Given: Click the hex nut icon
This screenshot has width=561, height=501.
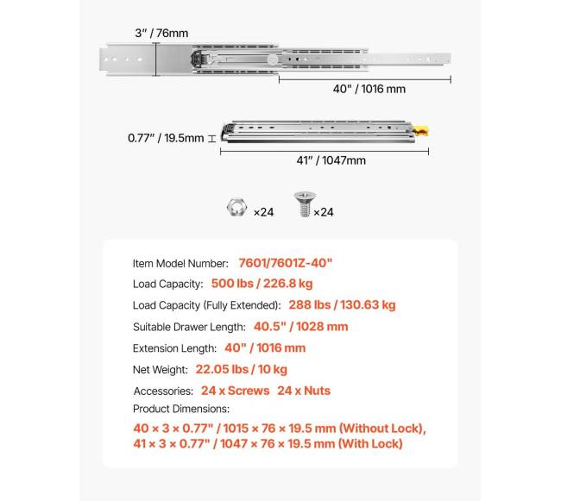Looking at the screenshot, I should point(234,210).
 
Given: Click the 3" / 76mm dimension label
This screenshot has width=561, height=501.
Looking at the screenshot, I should point(161,33).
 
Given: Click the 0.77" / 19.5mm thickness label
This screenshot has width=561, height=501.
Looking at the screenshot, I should point(166,137).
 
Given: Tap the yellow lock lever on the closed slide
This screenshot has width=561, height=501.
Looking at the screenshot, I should point(421,130).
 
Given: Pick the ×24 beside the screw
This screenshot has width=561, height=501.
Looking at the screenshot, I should point(324,212).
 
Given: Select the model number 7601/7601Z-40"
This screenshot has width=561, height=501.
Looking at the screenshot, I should point(285,263).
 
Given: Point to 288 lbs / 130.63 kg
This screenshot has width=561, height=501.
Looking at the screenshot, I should point(343,304).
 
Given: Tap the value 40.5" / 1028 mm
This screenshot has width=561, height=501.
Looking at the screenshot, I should point(300,327).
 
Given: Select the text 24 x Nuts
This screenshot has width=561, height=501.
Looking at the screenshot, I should point(304,391).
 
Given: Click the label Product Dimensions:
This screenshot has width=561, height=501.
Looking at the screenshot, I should point(181,409).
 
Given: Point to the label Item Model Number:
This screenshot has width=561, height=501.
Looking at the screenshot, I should point(180,263).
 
